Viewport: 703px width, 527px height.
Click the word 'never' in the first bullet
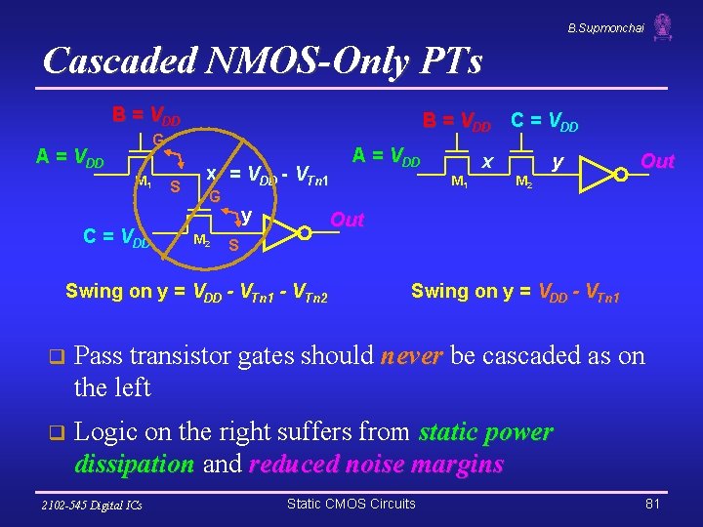(x=410, y=356)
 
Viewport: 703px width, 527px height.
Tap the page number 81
(x=652, y=504)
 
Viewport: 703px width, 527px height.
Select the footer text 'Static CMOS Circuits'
(x=351, y=504)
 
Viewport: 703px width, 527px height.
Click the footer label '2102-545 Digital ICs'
(x=93, y=505)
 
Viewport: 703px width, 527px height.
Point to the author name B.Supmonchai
(x=605, y=28)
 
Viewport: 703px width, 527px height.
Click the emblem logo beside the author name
(x=663, y=26)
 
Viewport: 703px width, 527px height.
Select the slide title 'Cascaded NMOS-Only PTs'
(x=263, y=61)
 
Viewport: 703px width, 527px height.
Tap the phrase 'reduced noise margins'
(x=376, y=465)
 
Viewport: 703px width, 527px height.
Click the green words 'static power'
(x=485, y=432)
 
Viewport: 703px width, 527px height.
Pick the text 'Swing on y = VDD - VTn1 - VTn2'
(x=196, y=291)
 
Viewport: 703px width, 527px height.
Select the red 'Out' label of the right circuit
(x=657, y=161)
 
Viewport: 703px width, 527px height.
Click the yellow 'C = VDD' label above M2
(x=545, y=122)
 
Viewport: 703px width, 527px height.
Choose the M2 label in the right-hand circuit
(x=523, y=182)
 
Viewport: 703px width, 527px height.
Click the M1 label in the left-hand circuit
(x=143, y=181)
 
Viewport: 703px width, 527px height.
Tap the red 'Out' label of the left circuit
(x=347, y=220)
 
